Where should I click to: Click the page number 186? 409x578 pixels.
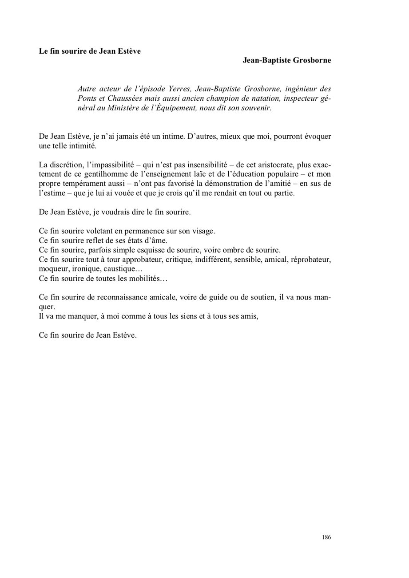[x=326, y=537]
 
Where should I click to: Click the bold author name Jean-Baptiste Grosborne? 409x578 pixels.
[x=286, y=60]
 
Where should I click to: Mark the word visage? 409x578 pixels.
[x=203, y=231]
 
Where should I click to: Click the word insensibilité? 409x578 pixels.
[x=203, y=165]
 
